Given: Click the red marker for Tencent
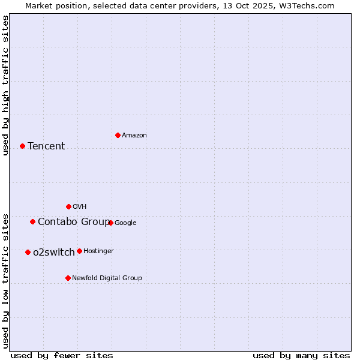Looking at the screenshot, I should pos(22,146).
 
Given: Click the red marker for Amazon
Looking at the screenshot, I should pos(118,135).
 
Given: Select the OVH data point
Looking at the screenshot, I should pos(68,206).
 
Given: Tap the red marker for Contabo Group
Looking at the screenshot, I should pos(32,221).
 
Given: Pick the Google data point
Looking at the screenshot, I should pos(110,223).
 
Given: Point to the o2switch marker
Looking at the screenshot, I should pos(28,252).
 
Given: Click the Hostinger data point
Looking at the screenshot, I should pos(79,251).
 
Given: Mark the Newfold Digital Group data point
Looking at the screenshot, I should pos(68,278).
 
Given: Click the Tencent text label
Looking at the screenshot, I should pos(46,146).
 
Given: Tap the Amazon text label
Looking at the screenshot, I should pos(134,136).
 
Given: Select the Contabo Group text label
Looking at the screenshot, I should pos(73,222).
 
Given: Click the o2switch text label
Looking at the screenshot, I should pos(54,253).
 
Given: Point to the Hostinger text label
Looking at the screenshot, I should pos(98,251).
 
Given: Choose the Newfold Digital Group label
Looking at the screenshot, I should pos(107,278).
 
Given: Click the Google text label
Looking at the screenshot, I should pos(125,223).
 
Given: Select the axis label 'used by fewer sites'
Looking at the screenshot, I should pos(62,355).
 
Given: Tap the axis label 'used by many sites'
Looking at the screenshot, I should pos(301,355).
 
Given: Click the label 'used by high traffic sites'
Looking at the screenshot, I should pos(5,85).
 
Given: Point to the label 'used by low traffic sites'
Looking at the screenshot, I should pos(5,280).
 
